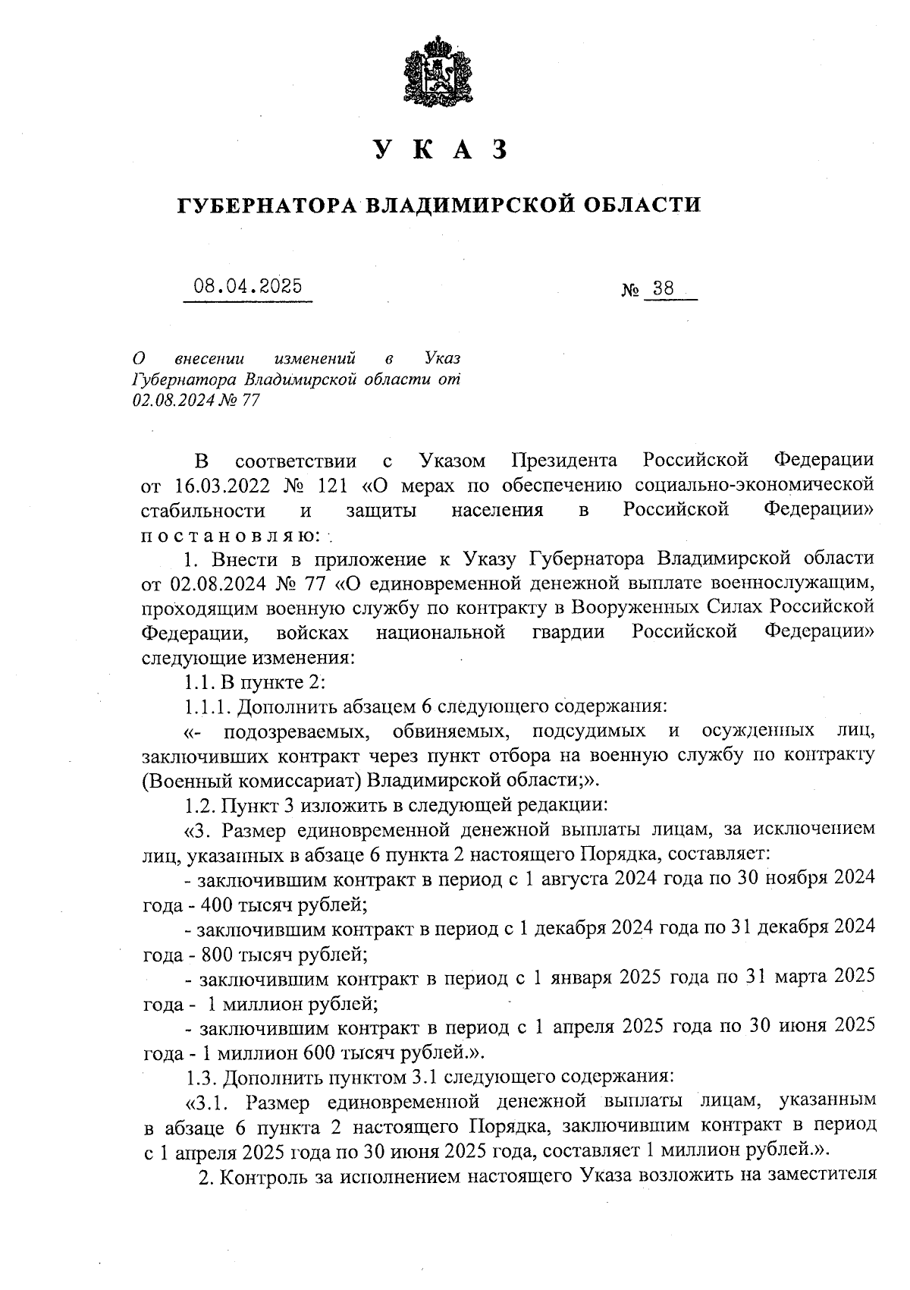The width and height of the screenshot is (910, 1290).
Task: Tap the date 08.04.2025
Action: pyautogui.click(x=247, y=286)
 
